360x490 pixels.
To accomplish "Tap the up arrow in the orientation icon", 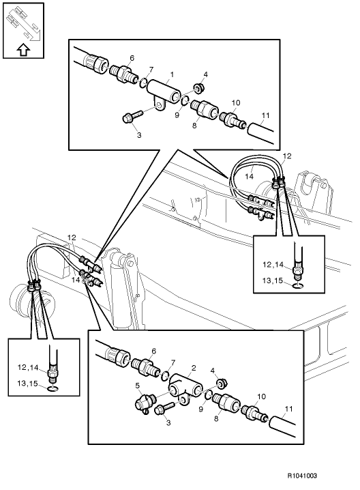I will click(22, 48).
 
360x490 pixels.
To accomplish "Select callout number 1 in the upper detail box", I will click(172, 74).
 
